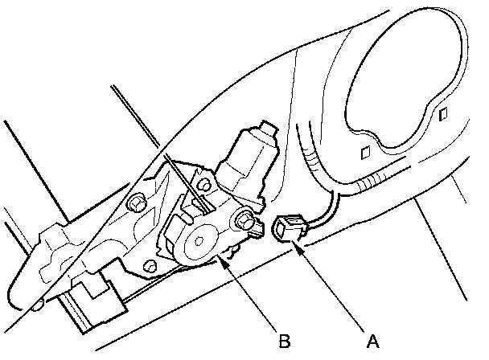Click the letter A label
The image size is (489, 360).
372,340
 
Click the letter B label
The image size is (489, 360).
284,340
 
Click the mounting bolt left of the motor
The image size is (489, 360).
202,186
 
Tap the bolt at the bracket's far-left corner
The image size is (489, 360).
136,206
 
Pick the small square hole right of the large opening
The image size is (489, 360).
442,113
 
